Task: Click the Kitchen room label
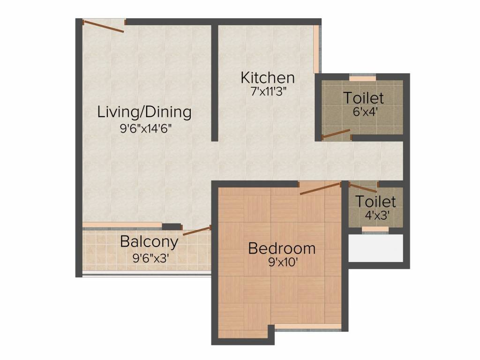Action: click(x=268, y=78)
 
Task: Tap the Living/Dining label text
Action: click(x=144, y=112)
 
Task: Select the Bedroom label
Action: click(x=282, y=248)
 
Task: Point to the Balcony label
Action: click(x=149, y=242)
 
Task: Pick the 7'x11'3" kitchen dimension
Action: click(x=269, y=91)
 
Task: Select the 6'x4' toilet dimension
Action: click(x=364, y=112)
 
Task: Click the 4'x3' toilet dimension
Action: click(x=377, y=216)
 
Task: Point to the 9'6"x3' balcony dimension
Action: click(x=150, y=259)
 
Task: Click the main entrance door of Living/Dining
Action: click(x=104, y=26)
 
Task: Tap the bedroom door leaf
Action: click(x=320, y=188)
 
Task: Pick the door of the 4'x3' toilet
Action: click(x=363, y=187)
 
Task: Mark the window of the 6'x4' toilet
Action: click(x=363, y=78)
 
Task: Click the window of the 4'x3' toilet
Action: click(x=375, y=230)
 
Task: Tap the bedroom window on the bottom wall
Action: click(x=308, y=328)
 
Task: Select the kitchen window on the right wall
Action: click(x=317, y=49)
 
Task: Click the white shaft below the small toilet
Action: click(x=376, y=248)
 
